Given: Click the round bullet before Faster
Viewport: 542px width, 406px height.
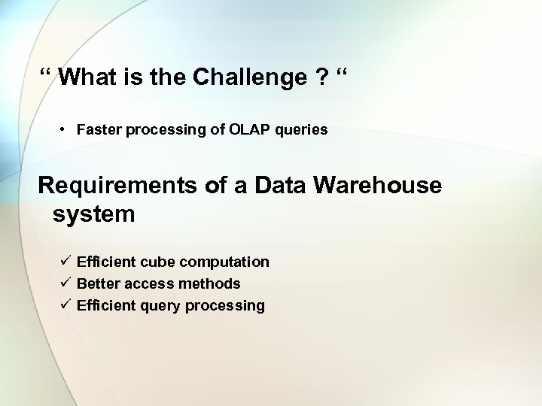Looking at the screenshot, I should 65,130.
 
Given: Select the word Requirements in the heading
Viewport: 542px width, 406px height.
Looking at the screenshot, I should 114,185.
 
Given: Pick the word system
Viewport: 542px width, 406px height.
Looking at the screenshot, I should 94,214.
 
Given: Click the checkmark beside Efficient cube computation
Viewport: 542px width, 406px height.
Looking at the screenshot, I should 66,262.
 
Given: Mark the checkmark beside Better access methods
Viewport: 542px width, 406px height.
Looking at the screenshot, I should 66,283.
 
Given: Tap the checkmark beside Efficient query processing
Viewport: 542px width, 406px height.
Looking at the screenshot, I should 66,305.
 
